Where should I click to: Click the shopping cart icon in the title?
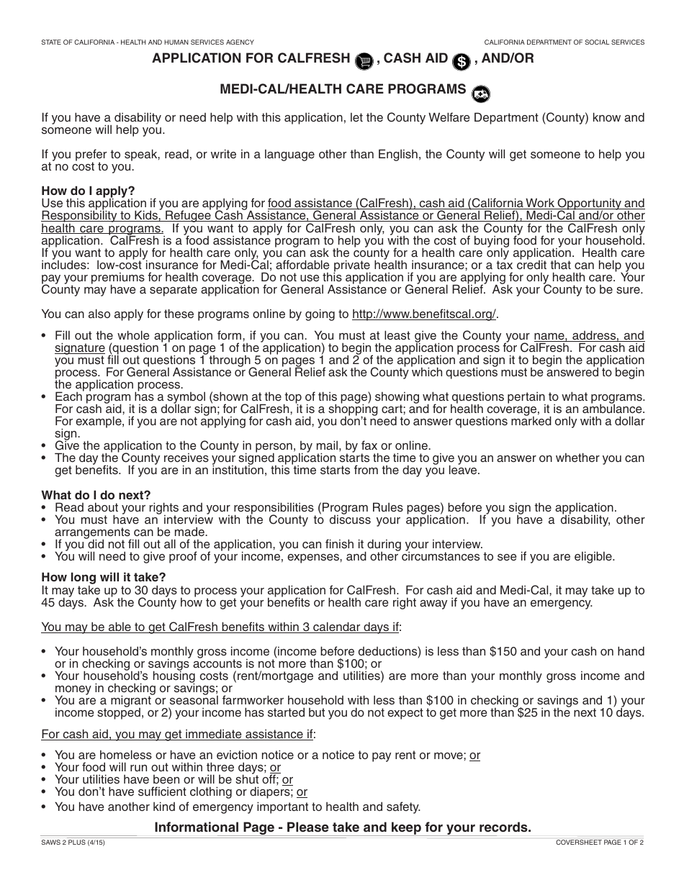365,61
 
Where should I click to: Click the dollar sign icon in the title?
461,62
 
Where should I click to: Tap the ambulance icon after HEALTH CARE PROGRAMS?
480,93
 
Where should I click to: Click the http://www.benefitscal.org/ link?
424,314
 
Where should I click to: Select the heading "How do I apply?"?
88,191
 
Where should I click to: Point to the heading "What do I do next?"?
96,495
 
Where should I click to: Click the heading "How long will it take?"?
104,577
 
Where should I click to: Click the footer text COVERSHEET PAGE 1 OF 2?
600,842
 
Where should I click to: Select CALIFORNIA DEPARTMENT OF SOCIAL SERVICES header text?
564,42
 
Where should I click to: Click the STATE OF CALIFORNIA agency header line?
148,42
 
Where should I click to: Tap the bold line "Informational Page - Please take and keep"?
343,827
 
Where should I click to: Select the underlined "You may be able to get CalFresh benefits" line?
220,627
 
